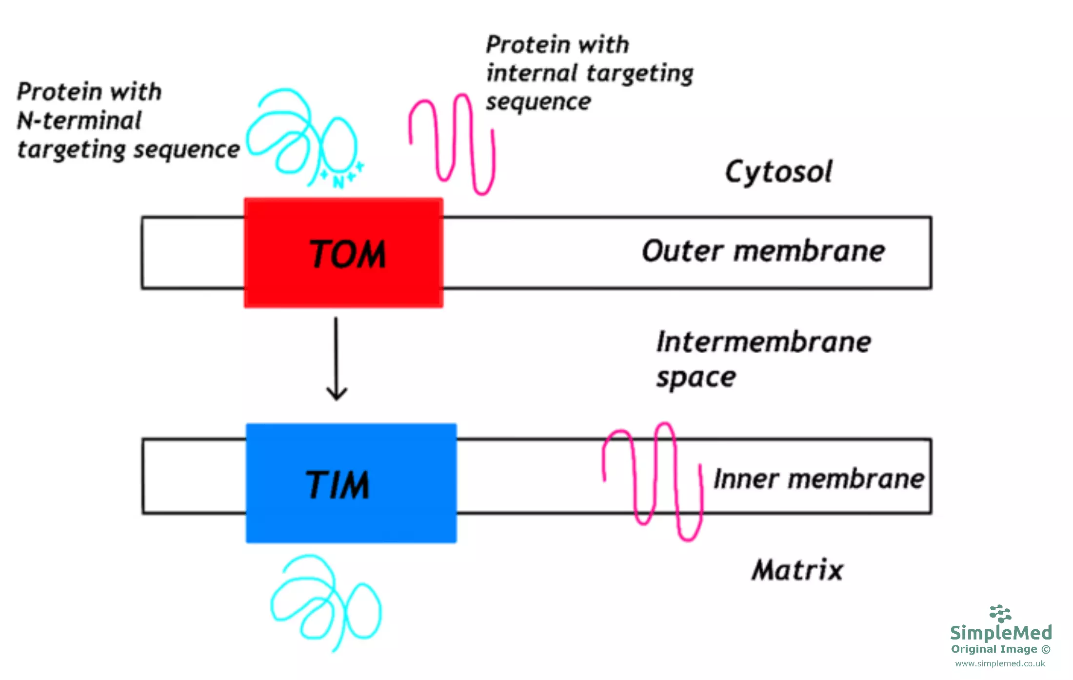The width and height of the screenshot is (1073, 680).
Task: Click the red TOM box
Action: [x=343, y=253]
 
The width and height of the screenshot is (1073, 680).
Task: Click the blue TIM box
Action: [x=351, y=483]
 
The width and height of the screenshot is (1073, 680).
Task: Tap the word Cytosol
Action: [x=778, y=172]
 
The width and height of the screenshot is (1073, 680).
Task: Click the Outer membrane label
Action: [x=763, y=251]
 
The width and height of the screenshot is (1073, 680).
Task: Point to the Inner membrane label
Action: [x=818, y=479]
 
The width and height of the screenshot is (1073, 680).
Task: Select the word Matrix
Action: [x=797, y=570]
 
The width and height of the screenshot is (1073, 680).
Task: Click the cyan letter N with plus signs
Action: [x=338, y=181]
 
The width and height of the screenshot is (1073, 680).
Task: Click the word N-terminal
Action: [x=79, y=120]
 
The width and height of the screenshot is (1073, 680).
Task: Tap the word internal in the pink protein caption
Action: [x=532, y=74]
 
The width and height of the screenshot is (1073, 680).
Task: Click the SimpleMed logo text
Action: [x=1001, y=633]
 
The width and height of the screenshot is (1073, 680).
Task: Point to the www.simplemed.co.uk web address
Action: [x=1000, y=663]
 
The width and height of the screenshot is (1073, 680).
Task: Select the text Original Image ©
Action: [x=1000, y=649]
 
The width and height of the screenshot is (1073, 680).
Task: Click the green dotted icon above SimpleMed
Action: [x=1000, y=613]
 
